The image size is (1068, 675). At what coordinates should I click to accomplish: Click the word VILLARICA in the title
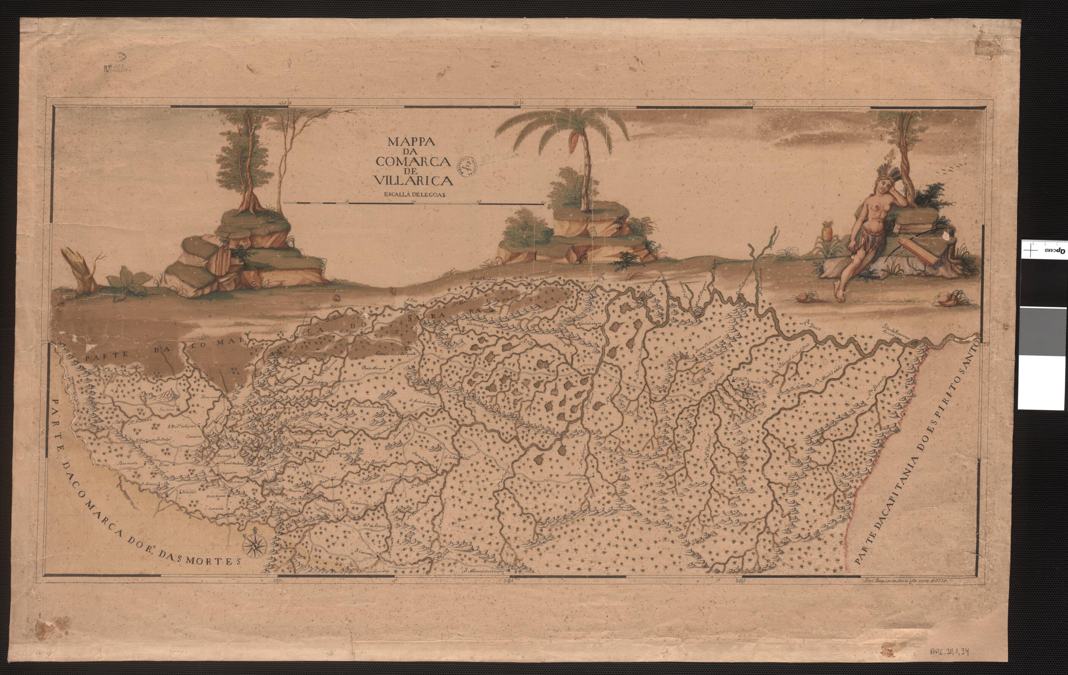click(413, 180)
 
